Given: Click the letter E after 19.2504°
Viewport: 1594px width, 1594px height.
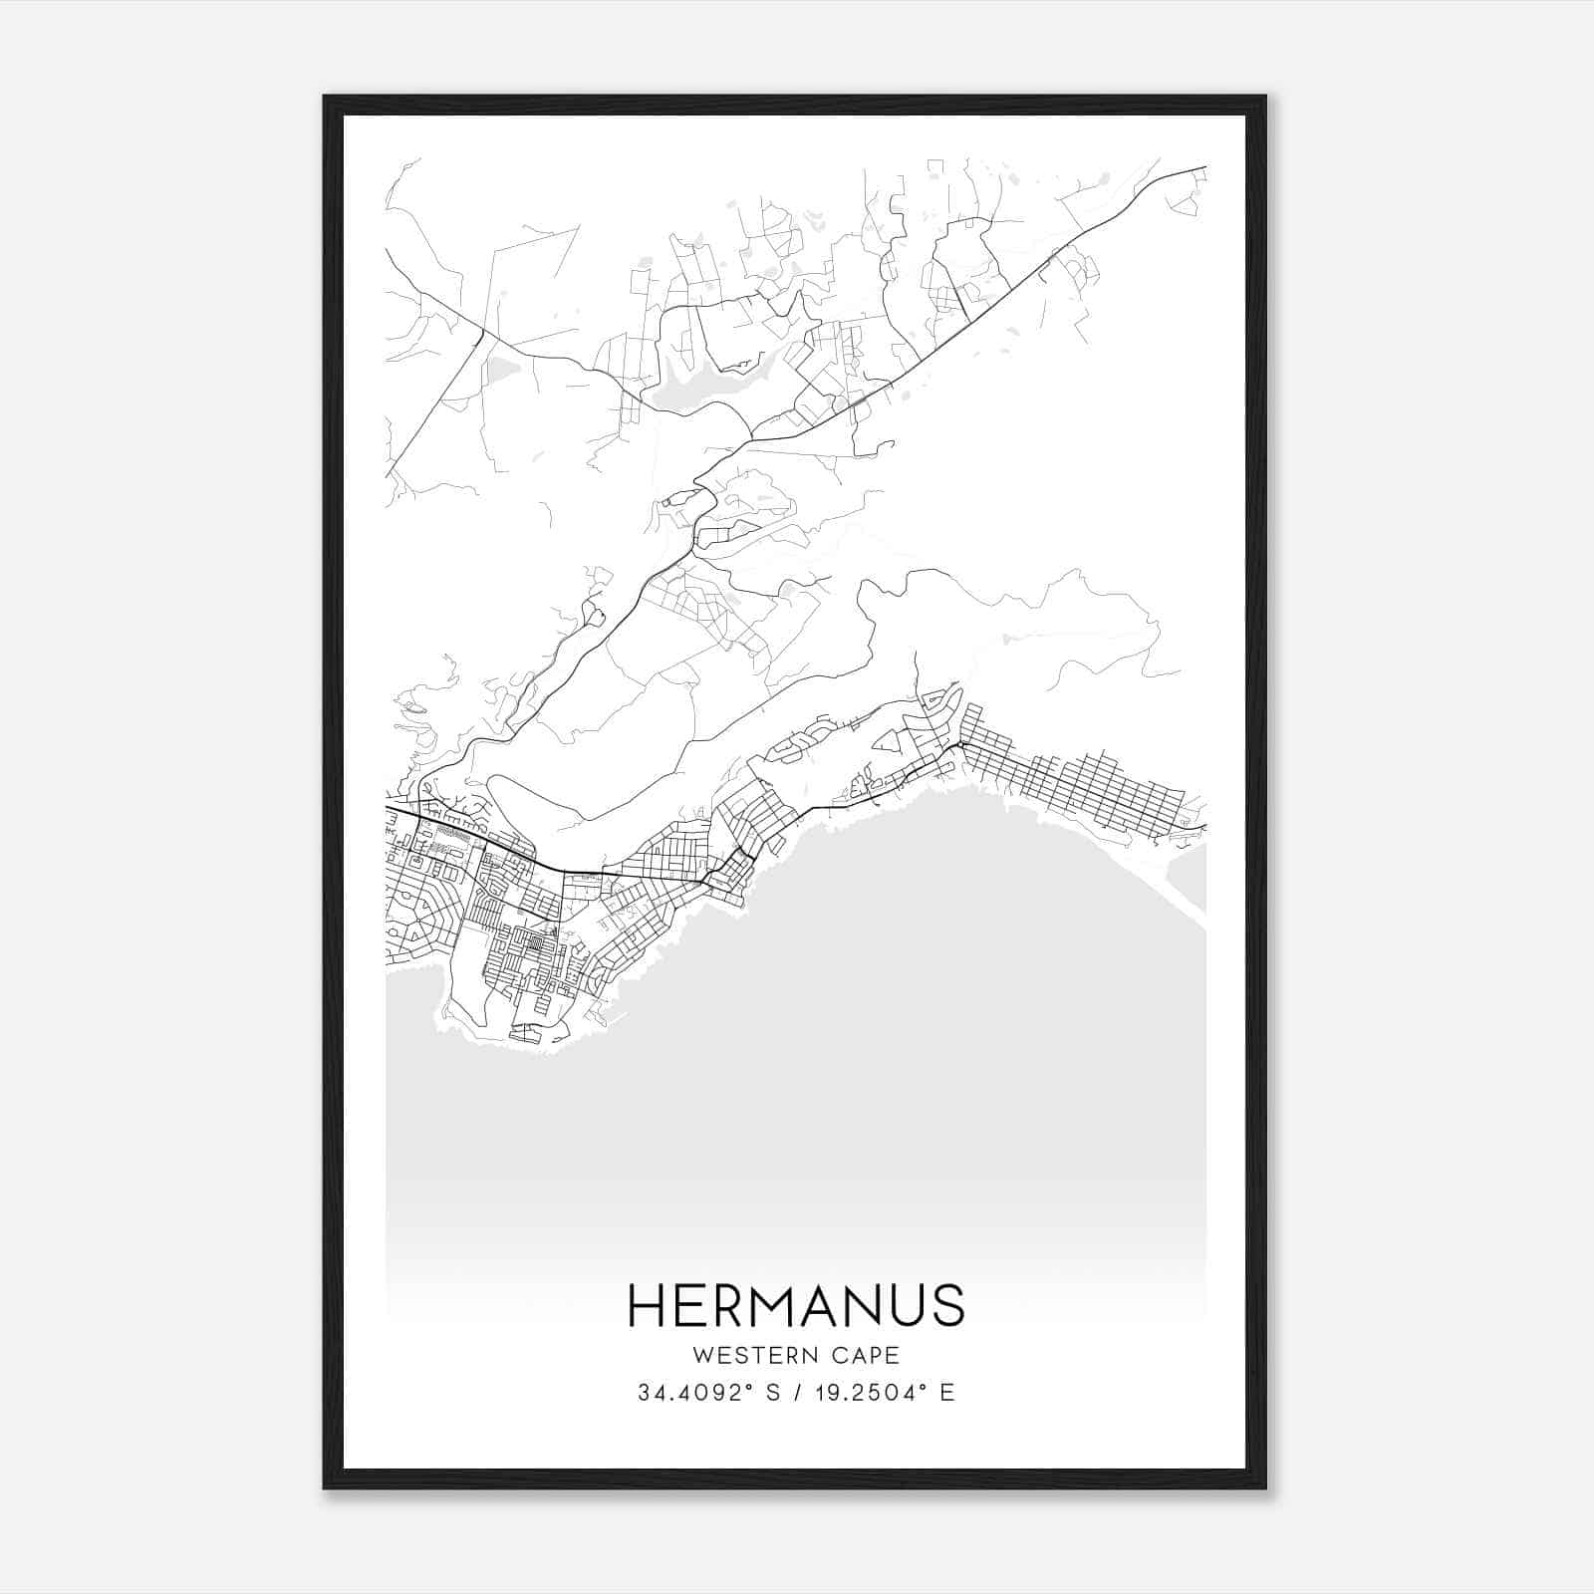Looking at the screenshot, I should coord(947,1393).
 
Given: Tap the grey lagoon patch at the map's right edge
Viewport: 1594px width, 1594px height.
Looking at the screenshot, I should coord(1188,877).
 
